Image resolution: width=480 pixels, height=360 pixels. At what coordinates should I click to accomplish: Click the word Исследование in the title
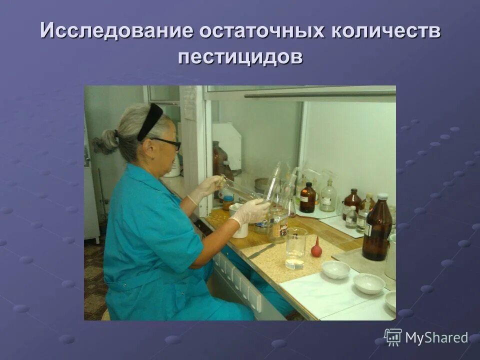(x=116, y=31)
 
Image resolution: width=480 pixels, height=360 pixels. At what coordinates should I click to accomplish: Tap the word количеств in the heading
(x=384, y=31)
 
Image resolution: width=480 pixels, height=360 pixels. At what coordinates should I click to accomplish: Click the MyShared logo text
(x=436, y=338)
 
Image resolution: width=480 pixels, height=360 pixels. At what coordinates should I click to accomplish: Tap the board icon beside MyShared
(x=393, y=337)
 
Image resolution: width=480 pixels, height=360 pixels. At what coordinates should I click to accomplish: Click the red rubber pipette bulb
(x=315, y=247)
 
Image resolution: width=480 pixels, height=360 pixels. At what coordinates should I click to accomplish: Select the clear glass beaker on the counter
(x=296, y=248)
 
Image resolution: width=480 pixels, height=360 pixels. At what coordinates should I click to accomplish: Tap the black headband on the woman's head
(x=150, y=121)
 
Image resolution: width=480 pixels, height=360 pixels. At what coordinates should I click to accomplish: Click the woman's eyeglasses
(x=167, y=143)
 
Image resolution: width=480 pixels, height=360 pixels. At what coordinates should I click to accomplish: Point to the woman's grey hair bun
(x=104, y=142)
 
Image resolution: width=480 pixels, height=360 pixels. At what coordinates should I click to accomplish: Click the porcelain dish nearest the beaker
(x=335, y=269)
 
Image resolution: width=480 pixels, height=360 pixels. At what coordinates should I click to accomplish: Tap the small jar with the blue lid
(x=228, y=202)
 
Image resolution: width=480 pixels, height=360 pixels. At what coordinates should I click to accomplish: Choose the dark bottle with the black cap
(x=307, y=198)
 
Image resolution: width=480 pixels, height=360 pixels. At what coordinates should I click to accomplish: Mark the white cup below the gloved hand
(x=239, y=227)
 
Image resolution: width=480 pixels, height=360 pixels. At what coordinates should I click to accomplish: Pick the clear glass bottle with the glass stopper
(x=328, y=196)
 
